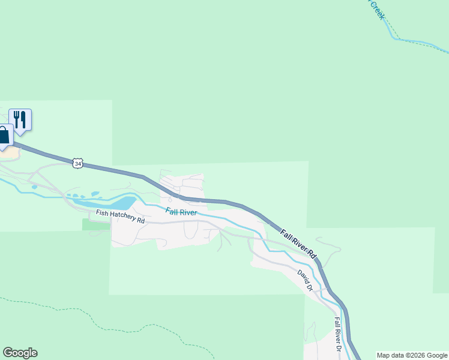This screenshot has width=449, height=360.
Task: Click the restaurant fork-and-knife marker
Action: pos(20,119)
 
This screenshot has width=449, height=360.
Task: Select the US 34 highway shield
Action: pos(77,163)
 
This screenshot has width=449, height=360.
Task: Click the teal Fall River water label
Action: pos(181,212)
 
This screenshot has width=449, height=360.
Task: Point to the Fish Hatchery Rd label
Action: pos(120,217)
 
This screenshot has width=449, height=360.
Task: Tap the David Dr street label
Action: pos(306,280)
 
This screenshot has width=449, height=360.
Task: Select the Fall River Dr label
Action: pos(338,334)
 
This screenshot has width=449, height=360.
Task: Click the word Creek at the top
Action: pos(376,10)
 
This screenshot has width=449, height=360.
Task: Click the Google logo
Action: pos(20,353)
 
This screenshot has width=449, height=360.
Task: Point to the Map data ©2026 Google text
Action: pos(412,355)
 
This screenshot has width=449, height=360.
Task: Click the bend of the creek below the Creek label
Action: pos(394,38)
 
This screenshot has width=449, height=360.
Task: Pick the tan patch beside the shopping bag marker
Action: pos(11,151)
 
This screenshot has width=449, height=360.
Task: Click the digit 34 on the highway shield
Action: pos(77,163)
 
